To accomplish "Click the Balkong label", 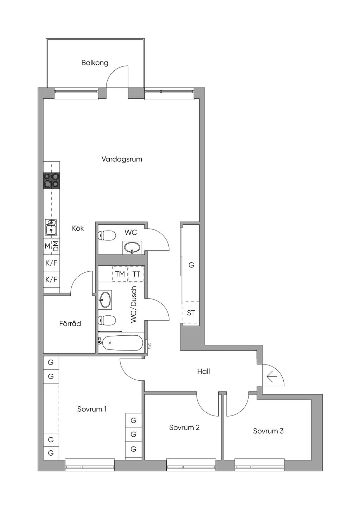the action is [x=95, y=63].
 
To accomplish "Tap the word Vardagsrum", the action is [x=122, y=159].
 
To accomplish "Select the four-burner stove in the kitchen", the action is [x=52, y=181].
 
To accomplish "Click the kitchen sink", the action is [x=51, y=228].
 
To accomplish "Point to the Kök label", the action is [x=78, y=228].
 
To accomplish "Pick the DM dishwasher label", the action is [x=56, y=246].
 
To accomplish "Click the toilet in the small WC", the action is [x=107, y=236].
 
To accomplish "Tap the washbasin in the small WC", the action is [x=132, y=247].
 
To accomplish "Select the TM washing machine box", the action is [x=120, y=274].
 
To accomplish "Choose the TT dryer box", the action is [x=136, y=274].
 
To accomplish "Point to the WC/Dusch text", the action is [x=134, y=304].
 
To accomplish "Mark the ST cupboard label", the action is [x=191, y=313].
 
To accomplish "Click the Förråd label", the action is [x=70, y=323].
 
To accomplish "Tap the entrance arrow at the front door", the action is [x=272, y=377].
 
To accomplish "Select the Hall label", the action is [x=204, y=372].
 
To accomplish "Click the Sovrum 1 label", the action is [x=92, y=409].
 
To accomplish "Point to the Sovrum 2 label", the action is [x=184, y=427].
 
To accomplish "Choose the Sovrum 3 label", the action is [x=268, y=431].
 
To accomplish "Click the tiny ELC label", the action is [x=149, y=346].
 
